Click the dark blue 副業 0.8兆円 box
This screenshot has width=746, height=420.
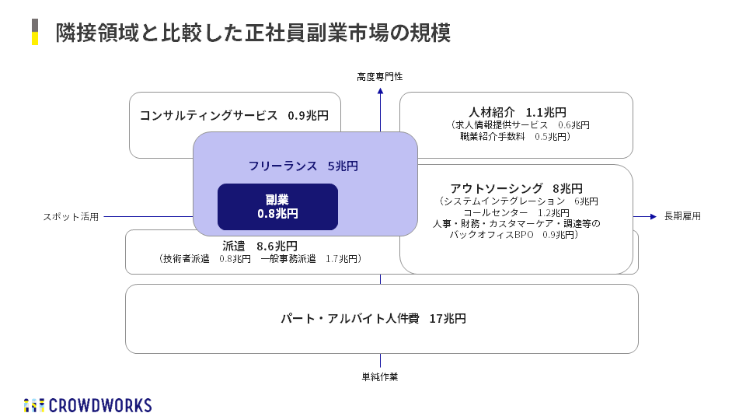pos(277,206)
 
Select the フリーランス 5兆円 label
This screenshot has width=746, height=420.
pos(303,166)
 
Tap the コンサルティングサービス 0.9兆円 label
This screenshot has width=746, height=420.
pos(234,116)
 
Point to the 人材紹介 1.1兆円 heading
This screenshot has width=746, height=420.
pos(518,111)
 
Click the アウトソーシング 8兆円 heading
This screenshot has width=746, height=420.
pos(516,188)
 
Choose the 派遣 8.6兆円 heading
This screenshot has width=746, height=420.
pos(260,246)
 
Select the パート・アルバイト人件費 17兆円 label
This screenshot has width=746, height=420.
pos(373,318)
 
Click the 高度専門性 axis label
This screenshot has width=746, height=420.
pos(380,76)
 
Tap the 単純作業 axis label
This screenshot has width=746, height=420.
pos(380,377)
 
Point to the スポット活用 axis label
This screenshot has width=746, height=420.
pos(71,217)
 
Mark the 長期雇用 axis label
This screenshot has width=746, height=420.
pos(682,216)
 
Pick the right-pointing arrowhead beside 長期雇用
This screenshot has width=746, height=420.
pos(654,216)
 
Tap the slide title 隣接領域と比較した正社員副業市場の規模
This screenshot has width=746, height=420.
pos(253,33)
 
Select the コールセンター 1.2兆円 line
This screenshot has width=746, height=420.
pos(517,212)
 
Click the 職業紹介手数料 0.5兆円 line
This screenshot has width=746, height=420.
pos(515,136)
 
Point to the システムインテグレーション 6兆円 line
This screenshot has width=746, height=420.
pos(516,201)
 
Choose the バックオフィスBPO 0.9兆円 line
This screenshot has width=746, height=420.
pos(516,234)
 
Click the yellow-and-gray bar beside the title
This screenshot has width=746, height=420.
pos(35,32)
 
